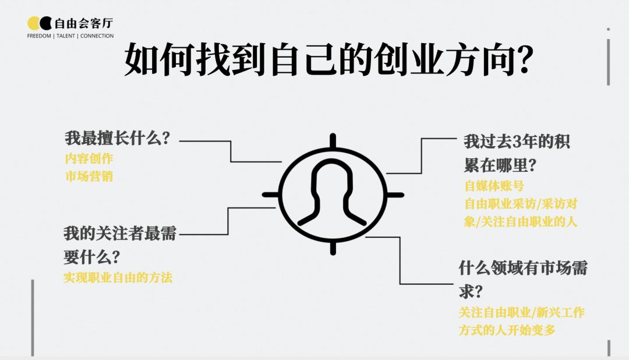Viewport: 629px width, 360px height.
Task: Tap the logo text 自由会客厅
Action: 84,23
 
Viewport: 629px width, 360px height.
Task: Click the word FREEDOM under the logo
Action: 39,36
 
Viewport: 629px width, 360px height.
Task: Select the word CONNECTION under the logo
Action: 97,36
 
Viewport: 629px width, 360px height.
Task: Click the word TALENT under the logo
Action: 66,36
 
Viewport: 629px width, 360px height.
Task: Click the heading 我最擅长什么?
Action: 118,138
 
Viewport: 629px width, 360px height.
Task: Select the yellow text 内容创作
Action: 89,158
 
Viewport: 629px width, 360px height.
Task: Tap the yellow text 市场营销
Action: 89,176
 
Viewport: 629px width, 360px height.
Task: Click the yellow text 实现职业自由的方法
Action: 118,277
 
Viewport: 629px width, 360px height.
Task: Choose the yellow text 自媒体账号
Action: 494,186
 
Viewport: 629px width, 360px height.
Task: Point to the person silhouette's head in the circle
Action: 332,177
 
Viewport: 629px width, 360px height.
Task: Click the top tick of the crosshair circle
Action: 333,141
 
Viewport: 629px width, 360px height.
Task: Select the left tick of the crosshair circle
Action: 271,195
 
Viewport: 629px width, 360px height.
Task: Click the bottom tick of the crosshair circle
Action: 333,248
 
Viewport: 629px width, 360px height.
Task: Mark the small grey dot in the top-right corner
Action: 608,29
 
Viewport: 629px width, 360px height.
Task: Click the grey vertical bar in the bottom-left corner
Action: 33,317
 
